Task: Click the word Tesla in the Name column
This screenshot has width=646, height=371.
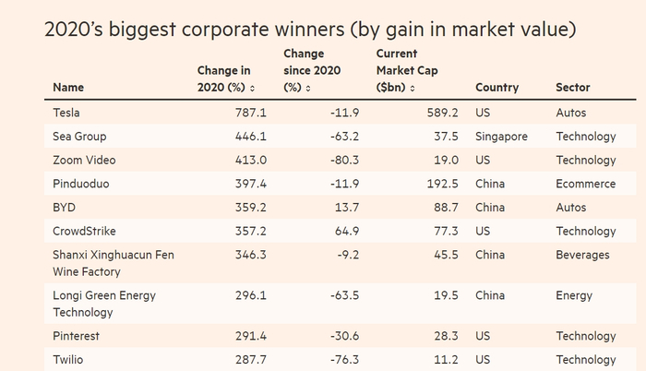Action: click(x=68, y=113)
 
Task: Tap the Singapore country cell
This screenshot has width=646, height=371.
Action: click(x=501, y=137)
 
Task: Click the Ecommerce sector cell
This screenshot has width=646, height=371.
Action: click(x=585, y=184)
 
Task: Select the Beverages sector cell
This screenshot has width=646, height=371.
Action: click(x=582, y=254)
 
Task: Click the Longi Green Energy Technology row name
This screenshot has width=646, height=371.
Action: click(x=104, y=303)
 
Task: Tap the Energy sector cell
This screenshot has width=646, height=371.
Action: click(x=573, y=295)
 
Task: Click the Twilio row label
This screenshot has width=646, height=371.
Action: click(x=70, y=360)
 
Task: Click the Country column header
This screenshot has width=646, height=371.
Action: click(x=496, y=88)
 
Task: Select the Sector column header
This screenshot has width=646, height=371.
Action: click(x=572, y=88)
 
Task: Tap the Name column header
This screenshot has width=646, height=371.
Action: click(x=68, y=88)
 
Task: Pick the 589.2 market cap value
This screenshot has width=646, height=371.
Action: click(x=442, y=113)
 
